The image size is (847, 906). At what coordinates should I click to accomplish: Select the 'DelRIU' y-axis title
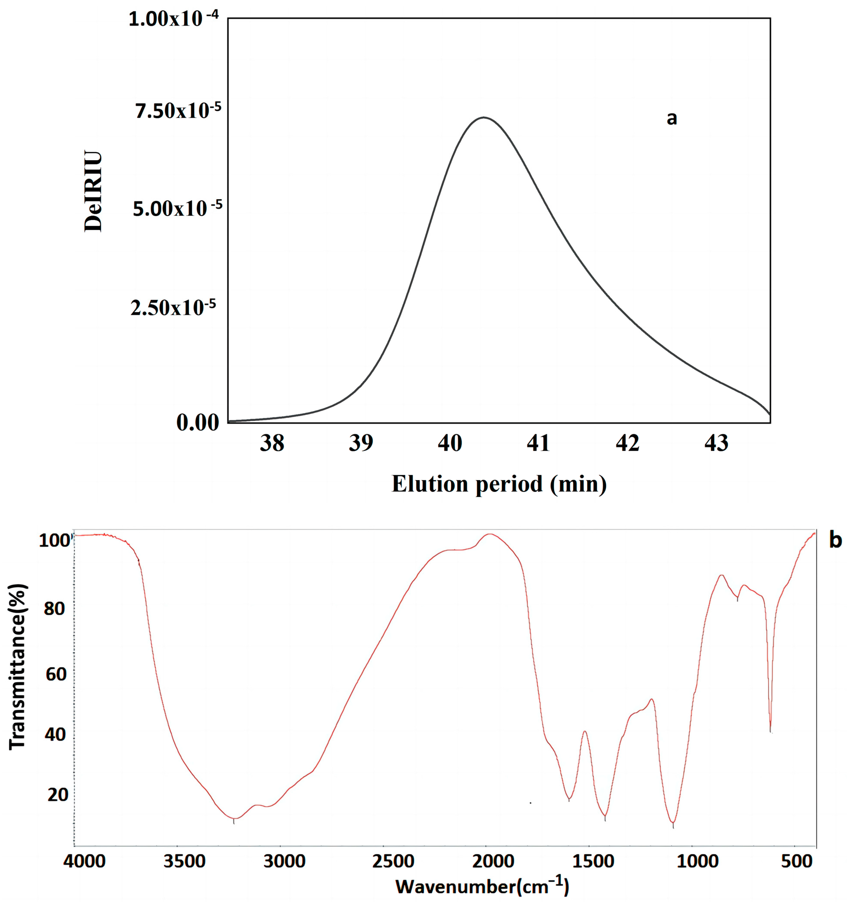point(93,191)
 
